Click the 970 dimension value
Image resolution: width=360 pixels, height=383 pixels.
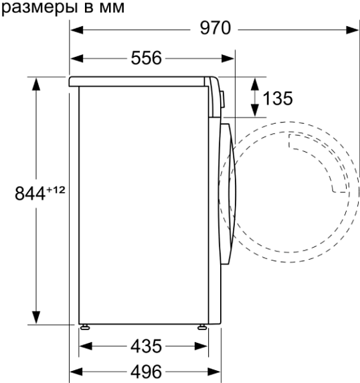click(215, 28)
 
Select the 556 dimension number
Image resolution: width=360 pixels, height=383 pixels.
click(146, 58)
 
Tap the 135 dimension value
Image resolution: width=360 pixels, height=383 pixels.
click(278, 98)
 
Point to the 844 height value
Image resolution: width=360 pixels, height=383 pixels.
click(30, 194)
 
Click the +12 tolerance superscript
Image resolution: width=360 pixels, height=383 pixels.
click(56, 189)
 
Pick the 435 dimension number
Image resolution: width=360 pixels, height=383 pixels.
click(146, 346)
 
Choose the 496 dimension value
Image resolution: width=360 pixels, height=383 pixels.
click(146, 372)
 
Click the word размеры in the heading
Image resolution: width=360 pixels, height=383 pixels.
click(39, 8)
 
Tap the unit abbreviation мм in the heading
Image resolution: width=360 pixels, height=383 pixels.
click(112, 8)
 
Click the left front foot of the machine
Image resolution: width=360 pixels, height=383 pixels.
click(85, 327)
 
